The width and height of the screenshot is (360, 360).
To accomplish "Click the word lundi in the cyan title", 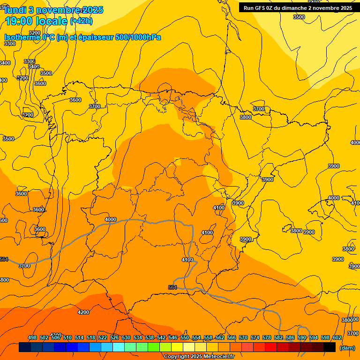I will pyautogui.click(x=15, y=10).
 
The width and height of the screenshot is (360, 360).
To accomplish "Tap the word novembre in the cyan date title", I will pyautogui.click(x=57, y=10).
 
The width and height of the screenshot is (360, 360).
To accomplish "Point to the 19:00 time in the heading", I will pyautogui.click(x=19, y=21).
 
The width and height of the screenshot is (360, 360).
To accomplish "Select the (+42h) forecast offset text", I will pyautogui.click(x=81, y=21).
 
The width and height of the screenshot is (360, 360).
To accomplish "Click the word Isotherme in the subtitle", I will pyautogui.click(x=22, y=37).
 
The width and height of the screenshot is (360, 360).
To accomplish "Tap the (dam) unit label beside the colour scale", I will pyautogui.click(x=347, y=348).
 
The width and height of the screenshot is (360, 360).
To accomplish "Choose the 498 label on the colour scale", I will pyautogui.click(x=32, y=338).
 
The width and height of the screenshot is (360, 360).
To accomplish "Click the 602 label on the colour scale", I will pyautogui.click(x=337, y=338).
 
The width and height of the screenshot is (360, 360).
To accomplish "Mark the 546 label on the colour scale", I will pyautogui.click(x=173, y=338).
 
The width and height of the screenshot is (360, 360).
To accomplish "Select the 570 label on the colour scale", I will pyautogui.click(x=243, y=338).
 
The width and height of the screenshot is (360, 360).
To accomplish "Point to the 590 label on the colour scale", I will pyautogui.click(x=302, y=338).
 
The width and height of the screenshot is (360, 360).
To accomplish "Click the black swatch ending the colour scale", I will pyautogui.click(x=330, y=347).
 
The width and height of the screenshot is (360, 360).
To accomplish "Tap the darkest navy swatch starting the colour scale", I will pyautogui.click(x=25, y=347).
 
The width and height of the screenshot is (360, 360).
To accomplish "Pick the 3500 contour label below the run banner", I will pyautogui.click(x=299, y=17).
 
